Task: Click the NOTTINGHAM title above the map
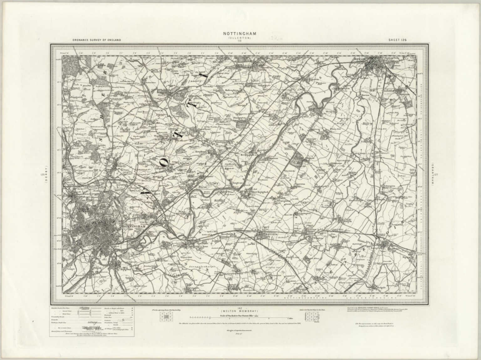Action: coord(240,33)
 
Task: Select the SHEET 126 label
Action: coord(397,40)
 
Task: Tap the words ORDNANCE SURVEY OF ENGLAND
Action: coord(96,40)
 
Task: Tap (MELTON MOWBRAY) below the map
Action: coord(240,311)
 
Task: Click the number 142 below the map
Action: coord(240,308)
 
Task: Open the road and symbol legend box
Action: coord(92,321)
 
